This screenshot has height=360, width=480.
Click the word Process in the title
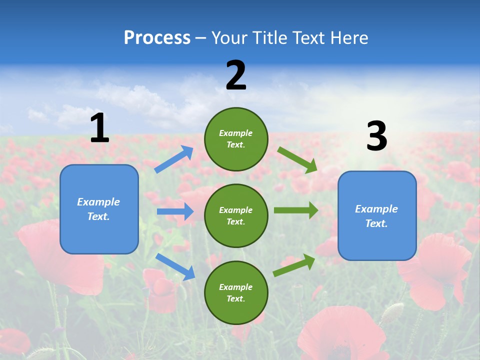coord(157,37)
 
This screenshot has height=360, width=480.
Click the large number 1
coord(99,128)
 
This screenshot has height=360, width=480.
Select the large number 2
coord(236,76)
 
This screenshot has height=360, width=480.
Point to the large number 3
coord(376,136)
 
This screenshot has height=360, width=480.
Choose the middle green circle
coord(236,215)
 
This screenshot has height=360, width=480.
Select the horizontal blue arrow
coord(175,211)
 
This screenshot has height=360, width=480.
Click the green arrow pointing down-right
coord(297,159)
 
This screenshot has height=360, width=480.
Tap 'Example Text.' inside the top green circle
coord(236,139)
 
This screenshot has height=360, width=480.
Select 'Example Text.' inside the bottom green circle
coord(236,293)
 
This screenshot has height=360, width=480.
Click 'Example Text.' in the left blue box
coord(99,209)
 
